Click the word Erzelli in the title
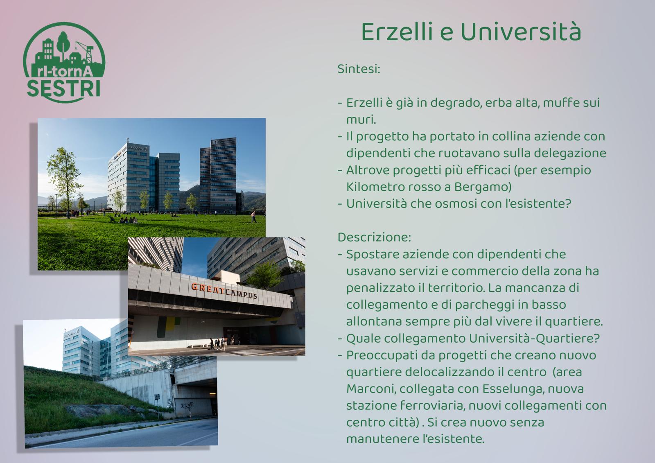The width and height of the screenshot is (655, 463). (x=397, y=32)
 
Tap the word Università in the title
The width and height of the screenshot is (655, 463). (x=521, y=32)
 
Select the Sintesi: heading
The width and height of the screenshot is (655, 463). (x=359, y=69)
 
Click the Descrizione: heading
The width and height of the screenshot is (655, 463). (x=374, y=237)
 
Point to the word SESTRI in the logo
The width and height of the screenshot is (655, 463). (x=64, y=88)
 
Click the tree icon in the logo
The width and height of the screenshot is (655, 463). (x=63, y=45)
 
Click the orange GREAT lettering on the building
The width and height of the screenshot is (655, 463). (x=208, y=288)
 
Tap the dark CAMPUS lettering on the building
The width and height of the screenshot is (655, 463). (x=241, y=294)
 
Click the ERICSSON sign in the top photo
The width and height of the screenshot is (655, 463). (x=136, y=148)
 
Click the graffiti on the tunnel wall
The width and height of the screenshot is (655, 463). (x=187, y=405)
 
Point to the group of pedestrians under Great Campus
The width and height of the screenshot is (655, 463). (x=218, y=343)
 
